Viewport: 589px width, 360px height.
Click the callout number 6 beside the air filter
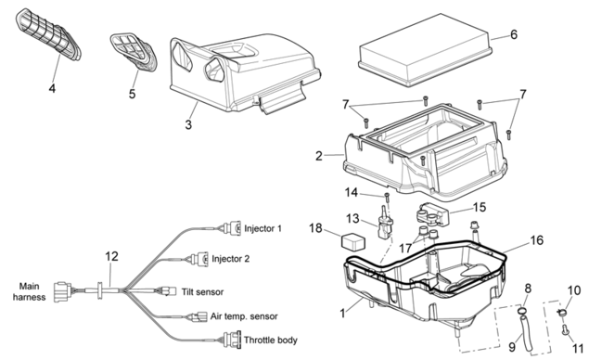514,34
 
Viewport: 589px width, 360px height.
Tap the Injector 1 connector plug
231,228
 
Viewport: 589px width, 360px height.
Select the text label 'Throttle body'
271,341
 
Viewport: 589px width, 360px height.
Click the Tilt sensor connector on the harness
168,291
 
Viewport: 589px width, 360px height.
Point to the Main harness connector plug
63,291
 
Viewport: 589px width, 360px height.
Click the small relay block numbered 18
353,241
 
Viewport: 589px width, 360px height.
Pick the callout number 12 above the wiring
111,256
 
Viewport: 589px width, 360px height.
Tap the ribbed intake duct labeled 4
48,34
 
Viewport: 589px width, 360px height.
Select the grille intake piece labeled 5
134,52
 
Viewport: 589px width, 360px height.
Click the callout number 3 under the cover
188,124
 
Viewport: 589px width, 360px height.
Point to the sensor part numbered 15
433,214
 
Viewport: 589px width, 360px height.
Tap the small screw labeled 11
565,330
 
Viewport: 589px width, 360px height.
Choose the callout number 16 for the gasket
537,240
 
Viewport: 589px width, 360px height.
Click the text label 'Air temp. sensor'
244,316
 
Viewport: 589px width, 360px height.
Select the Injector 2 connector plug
199,259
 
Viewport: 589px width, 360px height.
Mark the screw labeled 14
387,197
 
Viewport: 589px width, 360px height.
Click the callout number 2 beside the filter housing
319,156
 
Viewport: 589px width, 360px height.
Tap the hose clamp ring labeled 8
521,311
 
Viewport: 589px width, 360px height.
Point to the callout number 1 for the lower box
342,313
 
